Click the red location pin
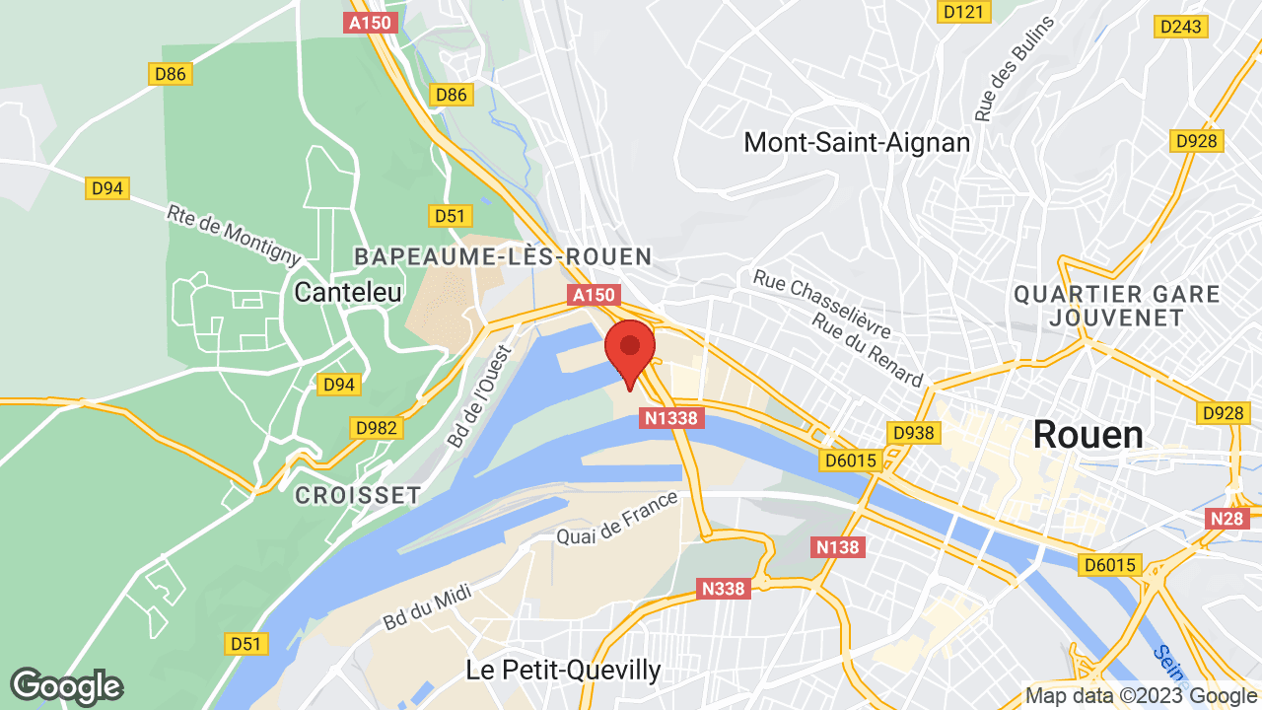630,351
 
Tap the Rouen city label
1087,435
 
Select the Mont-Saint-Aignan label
857,142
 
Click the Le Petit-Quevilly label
563,671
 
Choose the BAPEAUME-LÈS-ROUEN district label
503,257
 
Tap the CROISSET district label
358,495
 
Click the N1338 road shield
672,418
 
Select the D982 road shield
377,427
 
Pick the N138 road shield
838,546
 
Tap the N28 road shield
1227,519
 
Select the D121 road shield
964,11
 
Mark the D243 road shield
1181,27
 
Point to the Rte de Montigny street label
234,235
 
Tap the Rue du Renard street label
868,350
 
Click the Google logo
66,686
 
